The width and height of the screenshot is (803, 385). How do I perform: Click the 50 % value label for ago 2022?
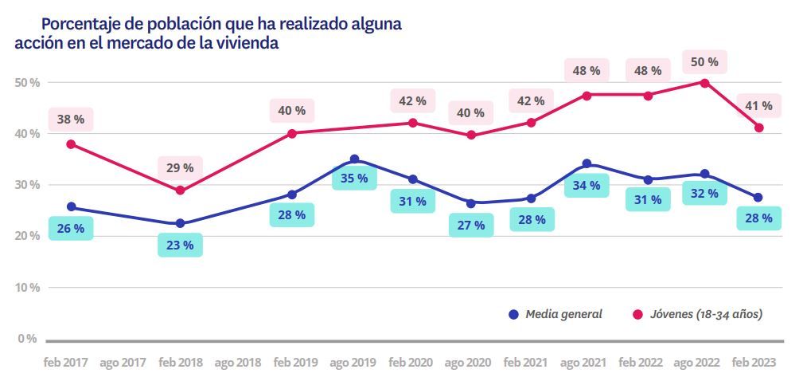[x=703, y=61]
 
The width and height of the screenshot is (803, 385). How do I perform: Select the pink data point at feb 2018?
[x=180, y=191]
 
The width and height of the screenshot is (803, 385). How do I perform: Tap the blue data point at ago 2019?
[x=354, y=159]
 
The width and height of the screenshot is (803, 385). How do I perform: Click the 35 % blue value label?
[x=354, y=178]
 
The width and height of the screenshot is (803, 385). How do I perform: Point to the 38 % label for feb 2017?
[x=71, y=120]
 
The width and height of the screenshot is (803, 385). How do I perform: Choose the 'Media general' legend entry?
[x=555, y=314]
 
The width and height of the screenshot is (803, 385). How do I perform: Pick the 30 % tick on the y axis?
[x=26, y=185]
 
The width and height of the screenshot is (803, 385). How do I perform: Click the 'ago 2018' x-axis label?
[x=238, y=363]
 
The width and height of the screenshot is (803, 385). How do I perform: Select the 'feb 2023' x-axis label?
[x=753, y=363]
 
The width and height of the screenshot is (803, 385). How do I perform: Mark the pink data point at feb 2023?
[x=759, y=128]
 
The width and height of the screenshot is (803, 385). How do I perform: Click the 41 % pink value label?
[x=758, y=106]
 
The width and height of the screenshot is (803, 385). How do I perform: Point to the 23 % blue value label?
[x=180, y=245]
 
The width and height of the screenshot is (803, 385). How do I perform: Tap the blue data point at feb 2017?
[x=72, y=206]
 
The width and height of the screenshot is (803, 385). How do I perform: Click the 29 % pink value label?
[x=180, y=168]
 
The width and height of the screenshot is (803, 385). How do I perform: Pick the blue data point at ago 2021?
[x=587, y=163]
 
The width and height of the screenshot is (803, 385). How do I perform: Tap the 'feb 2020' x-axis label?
[x=411, y=363]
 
